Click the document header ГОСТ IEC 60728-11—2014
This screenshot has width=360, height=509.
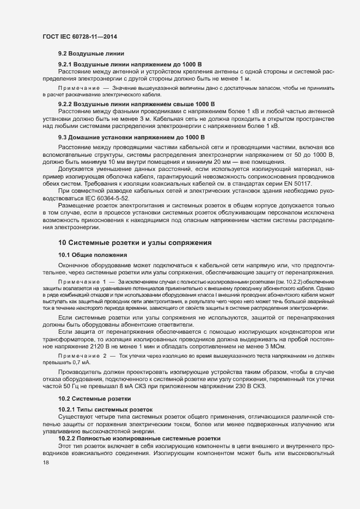pyautogui.click(x=79, y=36)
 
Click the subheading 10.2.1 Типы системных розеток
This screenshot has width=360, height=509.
pyautogui.click(x=106, y=409)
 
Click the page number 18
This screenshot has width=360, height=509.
pyautogui.click(x=46, y=463)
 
